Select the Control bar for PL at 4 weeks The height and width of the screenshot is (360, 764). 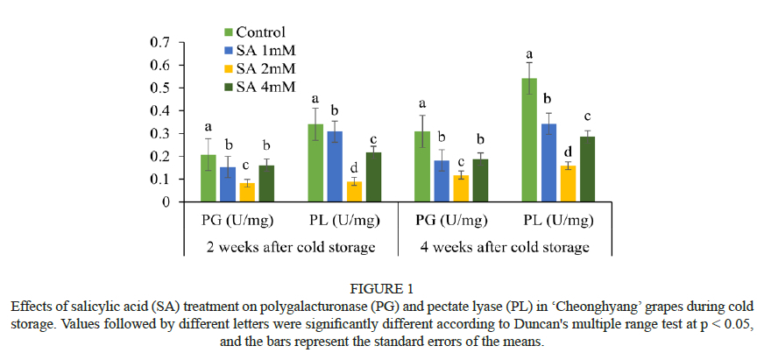click(x=530, y=140)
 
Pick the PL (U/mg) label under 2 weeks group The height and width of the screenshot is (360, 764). click(x=344, y=220)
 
